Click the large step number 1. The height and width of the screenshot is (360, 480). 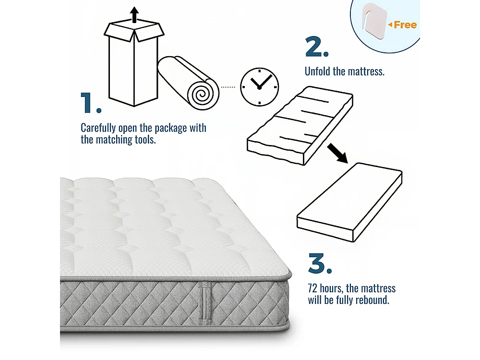(x=90, y=103)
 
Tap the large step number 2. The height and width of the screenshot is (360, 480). (x=316, y=48)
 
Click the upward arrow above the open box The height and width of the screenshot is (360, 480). (x=135, y=15)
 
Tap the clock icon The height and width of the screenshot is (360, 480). (x=259, y=86)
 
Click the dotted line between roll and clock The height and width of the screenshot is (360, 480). (x=228, y=87)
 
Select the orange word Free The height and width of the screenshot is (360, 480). (x=405, y=25)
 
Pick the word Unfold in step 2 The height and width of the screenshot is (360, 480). (x=318, y=72)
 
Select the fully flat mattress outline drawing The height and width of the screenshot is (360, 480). (x=349, y=202)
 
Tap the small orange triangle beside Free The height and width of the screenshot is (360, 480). (x=390, y=24)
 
